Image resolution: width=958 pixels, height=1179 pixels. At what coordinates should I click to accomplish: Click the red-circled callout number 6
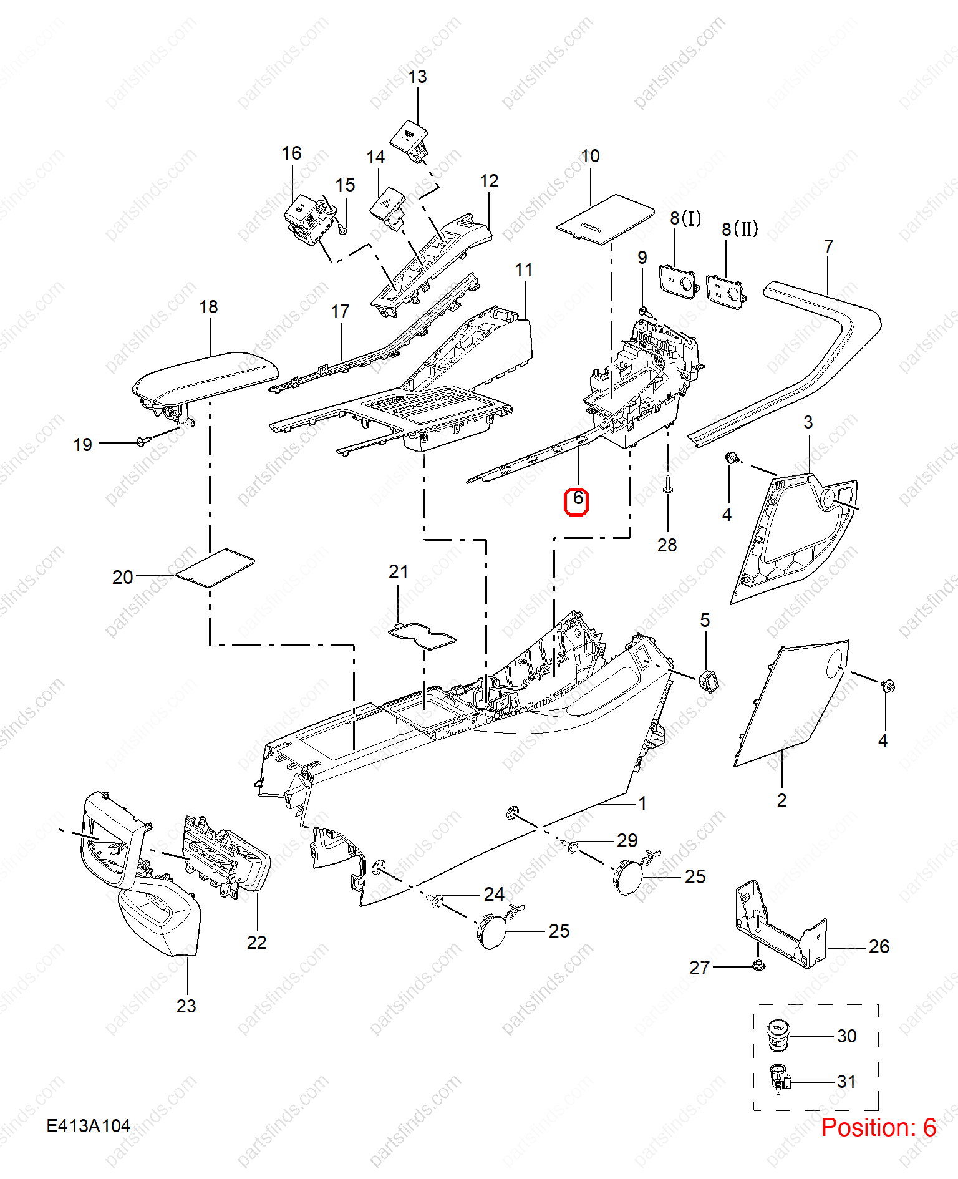click(x=577, y=498)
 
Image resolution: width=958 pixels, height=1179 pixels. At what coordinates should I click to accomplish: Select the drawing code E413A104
click(x=89, y=1126)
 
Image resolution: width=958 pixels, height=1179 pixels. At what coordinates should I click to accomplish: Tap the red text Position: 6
click(x=878, y=1127)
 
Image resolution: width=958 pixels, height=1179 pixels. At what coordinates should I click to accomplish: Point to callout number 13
click(x=417, y=77)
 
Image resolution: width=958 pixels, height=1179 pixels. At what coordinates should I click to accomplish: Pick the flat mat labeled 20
click(x=215, y=568)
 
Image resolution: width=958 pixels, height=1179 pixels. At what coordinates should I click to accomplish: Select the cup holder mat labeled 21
click(x=422, y=635)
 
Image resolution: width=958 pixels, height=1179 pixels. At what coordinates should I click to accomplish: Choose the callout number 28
click(x=667, y=545)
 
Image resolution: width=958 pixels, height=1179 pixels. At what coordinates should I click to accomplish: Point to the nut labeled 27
click(x=758, y=965)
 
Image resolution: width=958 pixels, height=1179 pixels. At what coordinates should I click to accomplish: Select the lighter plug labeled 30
click(x=777, y=1034)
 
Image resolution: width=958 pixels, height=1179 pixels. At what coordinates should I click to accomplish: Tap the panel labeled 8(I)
click(x=678, y=282)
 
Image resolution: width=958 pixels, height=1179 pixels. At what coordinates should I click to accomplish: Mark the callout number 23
click(x=186, y=1006)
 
